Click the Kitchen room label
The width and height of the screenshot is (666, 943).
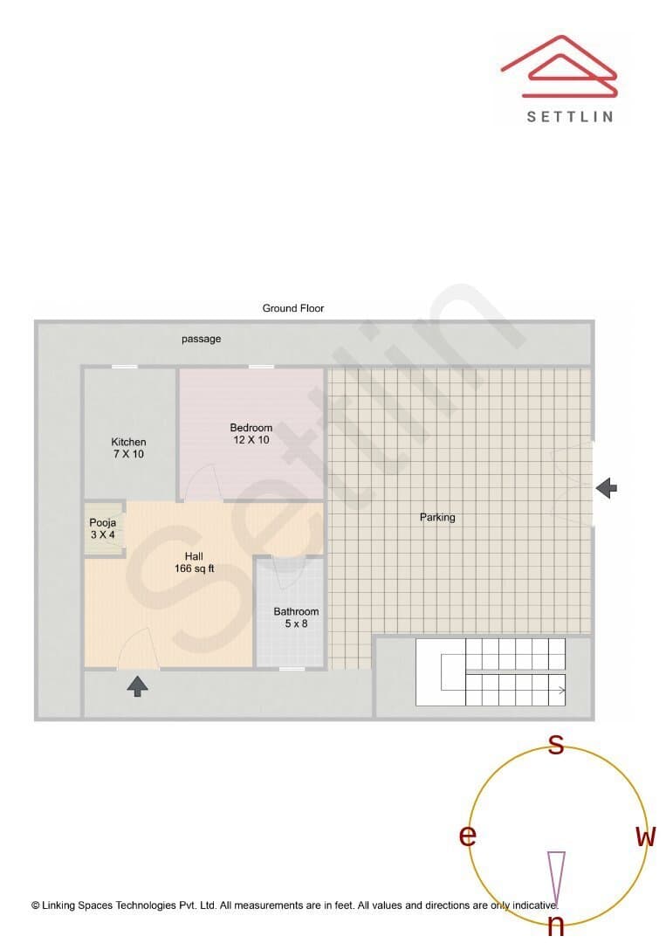click(128, 448)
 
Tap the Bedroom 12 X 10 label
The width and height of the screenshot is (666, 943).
click(251, 434)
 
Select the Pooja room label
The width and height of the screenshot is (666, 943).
click(103, 528)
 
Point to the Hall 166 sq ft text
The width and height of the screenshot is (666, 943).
click(194, 562)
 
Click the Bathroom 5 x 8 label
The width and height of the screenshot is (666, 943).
click(296, 617)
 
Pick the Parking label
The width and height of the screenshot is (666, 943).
click(437, 517)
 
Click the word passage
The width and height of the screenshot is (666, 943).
click(202, 339)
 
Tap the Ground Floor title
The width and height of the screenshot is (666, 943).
click(293, 308)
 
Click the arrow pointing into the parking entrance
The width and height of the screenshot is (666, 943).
click(607, 488)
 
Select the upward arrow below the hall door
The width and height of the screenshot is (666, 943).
click(138, 686)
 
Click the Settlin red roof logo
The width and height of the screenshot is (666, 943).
click(560, 66)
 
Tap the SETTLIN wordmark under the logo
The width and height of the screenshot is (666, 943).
click(570, 117)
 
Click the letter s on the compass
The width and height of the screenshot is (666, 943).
click(557, 745)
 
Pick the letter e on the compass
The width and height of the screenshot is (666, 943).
click(468, 836)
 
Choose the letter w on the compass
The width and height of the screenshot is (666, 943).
click(646, 836)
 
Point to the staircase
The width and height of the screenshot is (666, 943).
click(491, 671)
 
